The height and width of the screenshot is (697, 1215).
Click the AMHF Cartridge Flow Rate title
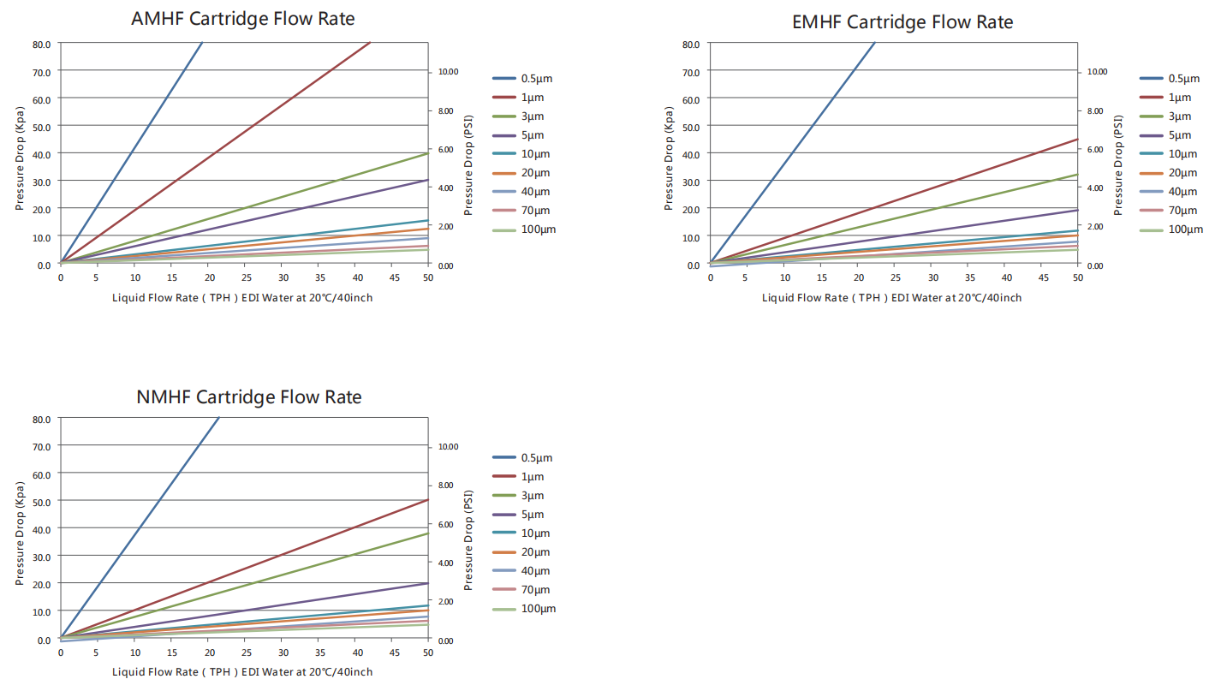point(242,19)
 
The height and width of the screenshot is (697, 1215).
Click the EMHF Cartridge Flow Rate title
point(902,22)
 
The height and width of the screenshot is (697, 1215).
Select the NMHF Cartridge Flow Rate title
point(248,397)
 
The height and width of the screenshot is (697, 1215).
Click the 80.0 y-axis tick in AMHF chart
point(42,44)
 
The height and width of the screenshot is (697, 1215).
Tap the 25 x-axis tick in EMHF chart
point(896,278)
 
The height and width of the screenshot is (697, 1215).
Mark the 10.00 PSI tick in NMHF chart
point(448,447)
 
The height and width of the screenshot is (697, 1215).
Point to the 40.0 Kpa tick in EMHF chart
point(691,154)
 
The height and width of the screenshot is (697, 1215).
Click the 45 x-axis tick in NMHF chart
point(391,652)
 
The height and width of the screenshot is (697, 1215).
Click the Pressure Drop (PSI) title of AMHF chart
point(468,167)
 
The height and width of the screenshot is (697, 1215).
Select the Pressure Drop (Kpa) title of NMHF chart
point(20,533)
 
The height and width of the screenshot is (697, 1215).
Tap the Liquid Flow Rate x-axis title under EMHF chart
point(891,298)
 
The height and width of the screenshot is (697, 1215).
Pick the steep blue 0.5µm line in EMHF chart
point(792,154)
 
